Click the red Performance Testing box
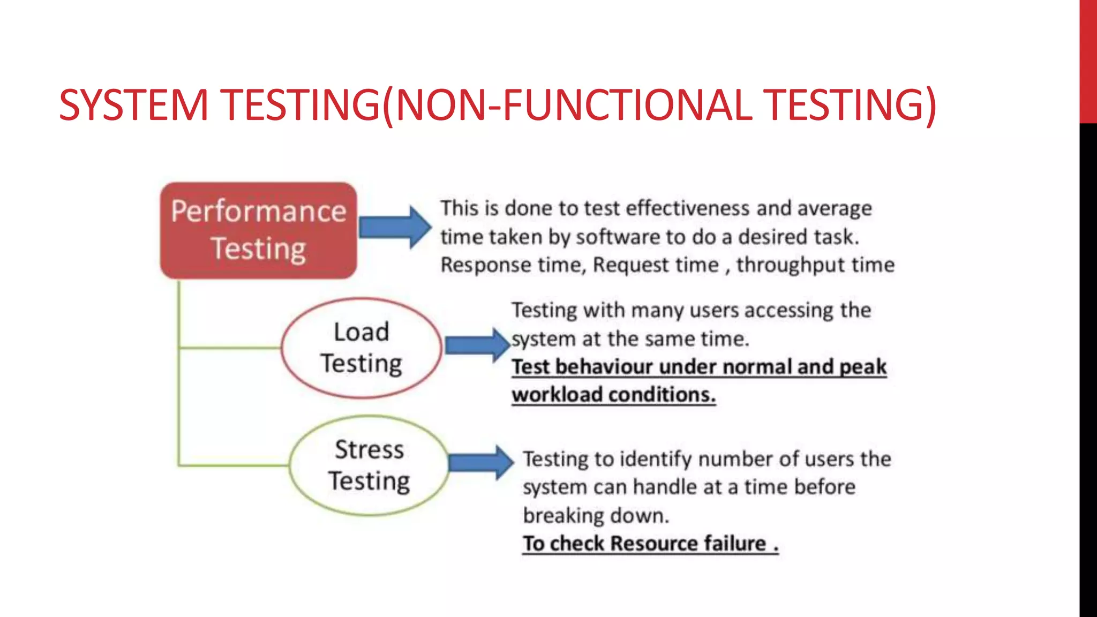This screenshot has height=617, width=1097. pyautogui.click(x=259, y=230)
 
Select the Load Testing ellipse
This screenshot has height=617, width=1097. pyautogui.click(x=362, y=348)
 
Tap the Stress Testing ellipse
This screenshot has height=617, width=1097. pyautogui.click(x=369, y=465)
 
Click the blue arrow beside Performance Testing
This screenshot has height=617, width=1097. pyautogui.click(x=395, y=227)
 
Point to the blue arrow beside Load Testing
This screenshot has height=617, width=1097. pyautogui.click(x=477, y=345)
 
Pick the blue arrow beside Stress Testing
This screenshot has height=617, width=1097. pyautogui.click(x=480, y=462)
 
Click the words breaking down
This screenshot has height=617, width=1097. pyautogui.click(x=596, y=515)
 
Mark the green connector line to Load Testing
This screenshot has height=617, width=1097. pyautogui.click(x=230, y=348)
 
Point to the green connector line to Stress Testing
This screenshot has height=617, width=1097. pyautogui.click(x=234, y=465)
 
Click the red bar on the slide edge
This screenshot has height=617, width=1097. pyautogui.click(x=1088, y=62)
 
